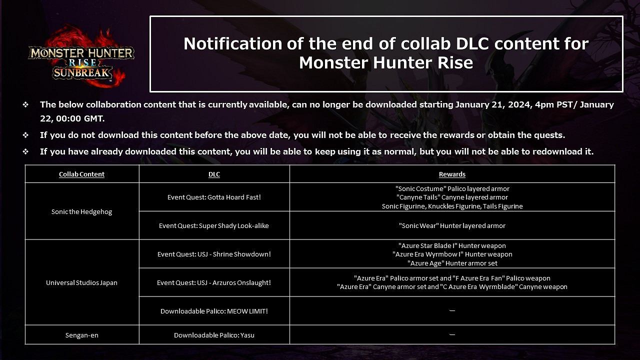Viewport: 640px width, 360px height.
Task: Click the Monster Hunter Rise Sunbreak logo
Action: point(81,57)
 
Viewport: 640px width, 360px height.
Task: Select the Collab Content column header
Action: point(81,174)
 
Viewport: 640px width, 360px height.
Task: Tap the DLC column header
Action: point(214,174)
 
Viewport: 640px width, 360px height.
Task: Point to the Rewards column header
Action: point(452,174)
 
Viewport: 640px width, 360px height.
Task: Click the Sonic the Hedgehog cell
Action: point(81,211)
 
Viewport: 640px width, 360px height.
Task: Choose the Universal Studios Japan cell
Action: point(81,282)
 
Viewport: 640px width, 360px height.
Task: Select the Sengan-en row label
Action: point(81,335)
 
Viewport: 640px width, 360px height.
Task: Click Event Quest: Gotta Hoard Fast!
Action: point(214,197)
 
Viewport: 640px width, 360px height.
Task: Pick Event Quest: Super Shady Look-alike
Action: point(213,225)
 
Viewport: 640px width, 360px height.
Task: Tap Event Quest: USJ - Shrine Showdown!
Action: point(214,254)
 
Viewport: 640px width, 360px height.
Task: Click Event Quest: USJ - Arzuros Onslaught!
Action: point(213,282)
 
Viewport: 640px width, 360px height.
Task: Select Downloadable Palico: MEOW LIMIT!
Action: point(214,311)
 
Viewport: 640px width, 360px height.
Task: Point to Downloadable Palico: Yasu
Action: point(214,335)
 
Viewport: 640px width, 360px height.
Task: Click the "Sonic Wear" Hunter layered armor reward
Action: point(452,225)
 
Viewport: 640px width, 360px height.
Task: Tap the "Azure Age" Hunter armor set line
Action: point(452,263)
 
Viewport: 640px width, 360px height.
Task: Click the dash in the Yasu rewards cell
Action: point(452,334)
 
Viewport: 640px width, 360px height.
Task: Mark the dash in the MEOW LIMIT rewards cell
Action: point(452,310)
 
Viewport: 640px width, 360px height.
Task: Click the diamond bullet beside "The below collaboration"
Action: point(25,104)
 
